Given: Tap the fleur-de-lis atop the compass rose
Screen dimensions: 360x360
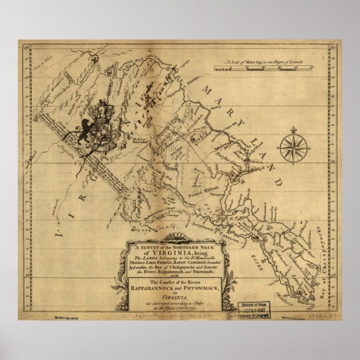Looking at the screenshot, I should tap(291, 132).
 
